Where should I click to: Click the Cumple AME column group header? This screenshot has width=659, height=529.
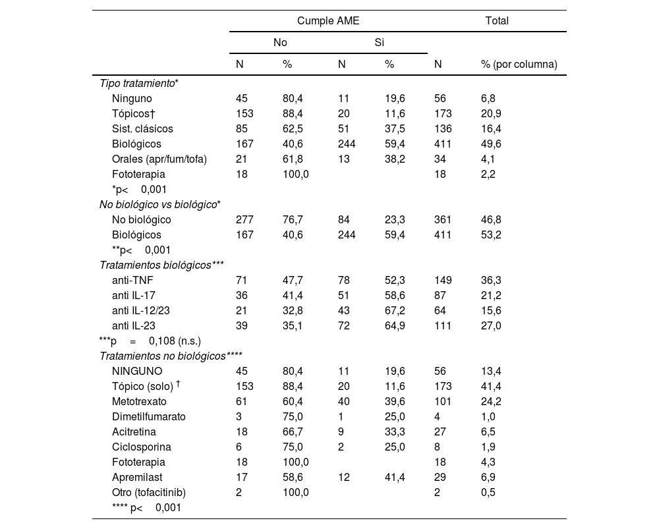click(x=328, y=20)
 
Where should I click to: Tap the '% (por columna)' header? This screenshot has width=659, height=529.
click(x=519, y=64)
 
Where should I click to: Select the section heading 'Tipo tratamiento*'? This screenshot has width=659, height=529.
click(x=139, y=83)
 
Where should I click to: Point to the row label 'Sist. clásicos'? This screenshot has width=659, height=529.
click(x=142, y=128)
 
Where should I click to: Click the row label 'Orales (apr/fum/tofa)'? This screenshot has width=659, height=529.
click(x=159, y=159)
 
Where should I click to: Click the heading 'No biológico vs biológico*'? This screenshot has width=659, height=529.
click(x=159, y=204)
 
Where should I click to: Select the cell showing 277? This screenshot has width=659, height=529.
click(x=244, y=219)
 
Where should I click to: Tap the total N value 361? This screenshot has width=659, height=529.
click(x=442, y=219)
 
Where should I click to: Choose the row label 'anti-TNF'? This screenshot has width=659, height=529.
click(x=132, y=280)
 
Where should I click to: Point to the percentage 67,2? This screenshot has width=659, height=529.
click(x=394, y=310)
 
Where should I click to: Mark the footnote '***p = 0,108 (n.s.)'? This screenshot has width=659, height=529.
click(x=150, y=341)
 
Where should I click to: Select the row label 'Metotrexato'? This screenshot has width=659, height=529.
click(x=139, y=401)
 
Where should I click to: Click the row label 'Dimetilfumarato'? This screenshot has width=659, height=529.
click(x=149, y=416)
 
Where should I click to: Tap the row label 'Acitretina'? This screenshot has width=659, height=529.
click(x=134, y=432)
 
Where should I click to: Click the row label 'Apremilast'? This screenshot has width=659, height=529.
click(x=136, y=477)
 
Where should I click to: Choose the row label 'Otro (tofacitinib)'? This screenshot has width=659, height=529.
click(x=149, y=492)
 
